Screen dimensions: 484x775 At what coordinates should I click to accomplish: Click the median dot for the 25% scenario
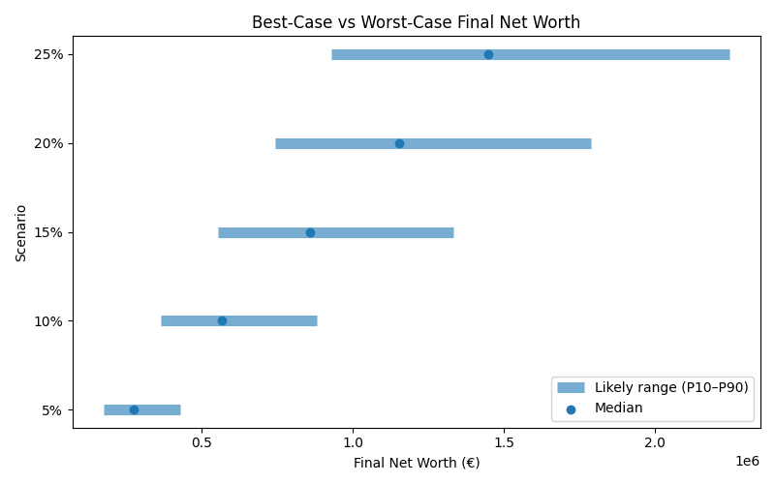(488, 54)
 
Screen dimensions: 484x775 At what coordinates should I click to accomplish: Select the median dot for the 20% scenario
(399, 143)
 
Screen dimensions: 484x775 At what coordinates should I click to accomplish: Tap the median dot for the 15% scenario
(310, 232)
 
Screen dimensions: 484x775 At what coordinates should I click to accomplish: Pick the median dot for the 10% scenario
(222, 320)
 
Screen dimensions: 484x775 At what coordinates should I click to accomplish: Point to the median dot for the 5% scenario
(134, 409)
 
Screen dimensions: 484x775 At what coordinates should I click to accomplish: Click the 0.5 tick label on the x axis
(201, 442)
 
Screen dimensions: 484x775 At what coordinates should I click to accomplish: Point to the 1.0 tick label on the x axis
(353, 442)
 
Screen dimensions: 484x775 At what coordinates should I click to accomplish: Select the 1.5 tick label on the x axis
(504, 442)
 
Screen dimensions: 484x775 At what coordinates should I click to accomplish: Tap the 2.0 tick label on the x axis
(655, 442)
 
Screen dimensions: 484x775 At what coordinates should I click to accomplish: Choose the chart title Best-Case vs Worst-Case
(416, 22)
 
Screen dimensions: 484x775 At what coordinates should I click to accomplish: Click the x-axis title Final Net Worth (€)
(416, 463)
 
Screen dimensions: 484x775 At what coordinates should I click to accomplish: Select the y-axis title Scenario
(21, 232)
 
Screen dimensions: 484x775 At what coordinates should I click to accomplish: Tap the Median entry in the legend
(618, 408)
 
